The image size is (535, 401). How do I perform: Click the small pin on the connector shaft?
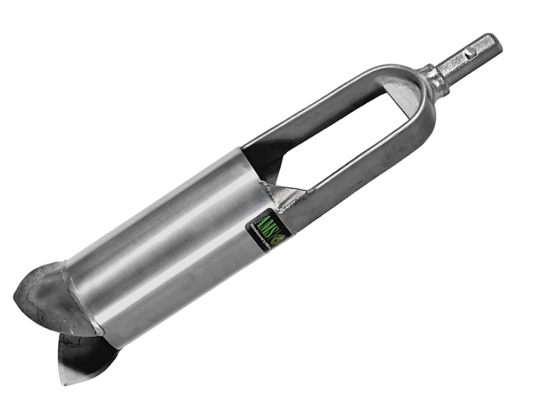click(469, 53)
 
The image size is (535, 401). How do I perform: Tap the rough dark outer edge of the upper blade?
click(21, 300)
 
